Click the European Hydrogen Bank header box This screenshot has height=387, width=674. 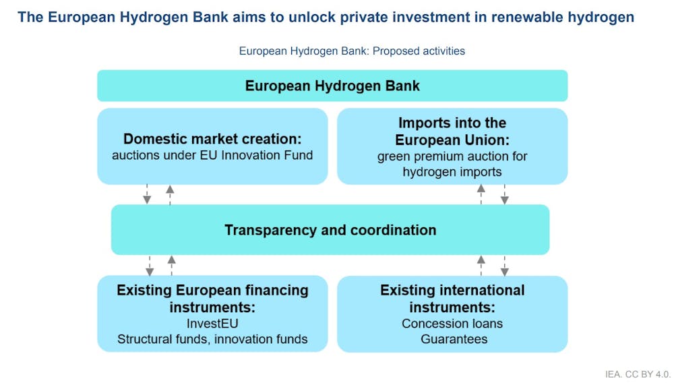[332, 86]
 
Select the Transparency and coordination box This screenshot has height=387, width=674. [330, 230]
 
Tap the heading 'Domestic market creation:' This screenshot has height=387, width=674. [212, 139]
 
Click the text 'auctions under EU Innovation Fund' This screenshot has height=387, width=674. [212, 155]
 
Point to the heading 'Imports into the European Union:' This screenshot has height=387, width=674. [452, 131]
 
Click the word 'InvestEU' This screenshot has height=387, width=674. [212, 324]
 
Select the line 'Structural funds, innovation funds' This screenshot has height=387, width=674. [212, 339]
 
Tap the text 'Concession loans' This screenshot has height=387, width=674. [452, 324]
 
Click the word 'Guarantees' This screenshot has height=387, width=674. [454, 339]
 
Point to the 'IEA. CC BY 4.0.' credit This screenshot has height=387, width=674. [638, 374]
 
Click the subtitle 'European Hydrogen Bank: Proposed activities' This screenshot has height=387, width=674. [352, 51]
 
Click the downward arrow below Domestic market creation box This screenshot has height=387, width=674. [147, 194]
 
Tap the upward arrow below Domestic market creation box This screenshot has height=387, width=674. [171, 195]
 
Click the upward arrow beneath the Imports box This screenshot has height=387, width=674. [481, 194]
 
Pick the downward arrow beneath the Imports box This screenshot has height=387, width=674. [505, 194]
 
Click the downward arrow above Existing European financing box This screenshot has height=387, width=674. [150, 266]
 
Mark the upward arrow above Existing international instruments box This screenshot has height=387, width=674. [481, 266]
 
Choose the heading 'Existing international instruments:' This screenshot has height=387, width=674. [452, 299]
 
